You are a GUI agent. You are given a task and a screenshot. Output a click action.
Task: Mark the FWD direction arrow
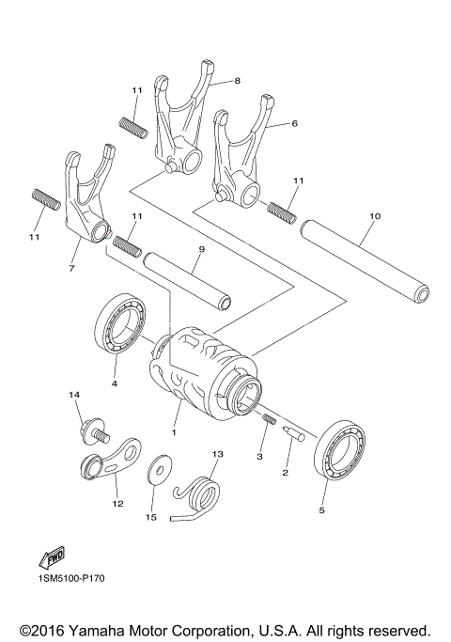pos(50,559)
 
